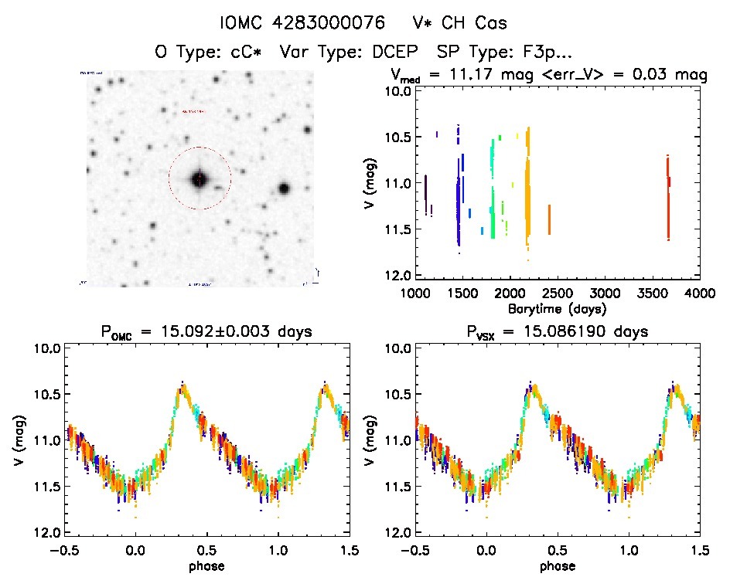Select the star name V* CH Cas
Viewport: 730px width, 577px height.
[459, 24]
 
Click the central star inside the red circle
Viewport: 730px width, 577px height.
[200, 179]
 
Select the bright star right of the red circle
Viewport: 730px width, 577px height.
[284, 188]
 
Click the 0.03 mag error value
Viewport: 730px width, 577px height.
[663, 75]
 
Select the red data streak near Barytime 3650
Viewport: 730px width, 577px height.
[668, 197]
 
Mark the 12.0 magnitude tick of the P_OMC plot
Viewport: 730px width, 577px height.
[49, 533]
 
